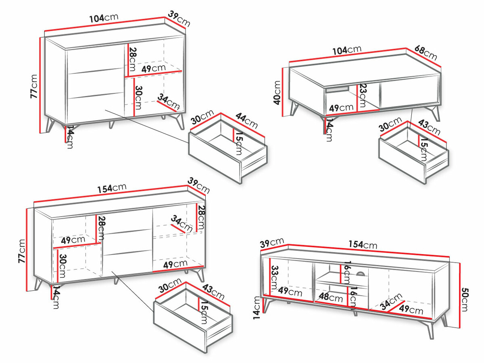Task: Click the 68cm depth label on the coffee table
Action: coord(426,53)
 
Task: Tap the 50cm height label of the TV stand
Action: coord(464,300)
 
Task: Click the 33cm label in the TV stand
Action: coord(274,277)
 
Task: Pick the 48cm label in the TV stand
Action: coord(331,297)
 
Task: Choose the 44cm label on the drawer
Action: coord(246,121)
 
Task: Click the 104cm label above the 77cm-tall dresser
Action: coord(104,18)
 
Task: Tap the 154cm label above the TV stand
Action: coord(363,245)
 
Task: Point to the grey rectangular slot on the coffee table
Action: coord(337,89)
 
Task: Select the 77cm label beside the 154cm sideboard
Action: coord(22,251)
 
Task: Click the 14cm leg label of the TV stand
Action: coord(257,307)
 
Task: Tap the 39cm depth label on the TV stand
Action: coord(272,243)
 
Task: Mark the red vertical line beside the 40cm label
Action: coord(282,92)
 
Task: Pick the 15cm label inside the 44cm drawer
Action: coord(239,144)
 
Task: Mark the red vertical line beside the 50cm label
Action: coord(460,295)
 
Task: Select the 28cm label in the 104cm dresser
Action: coord(132,59)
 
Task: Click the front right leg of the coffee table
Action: coord(435,113)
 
